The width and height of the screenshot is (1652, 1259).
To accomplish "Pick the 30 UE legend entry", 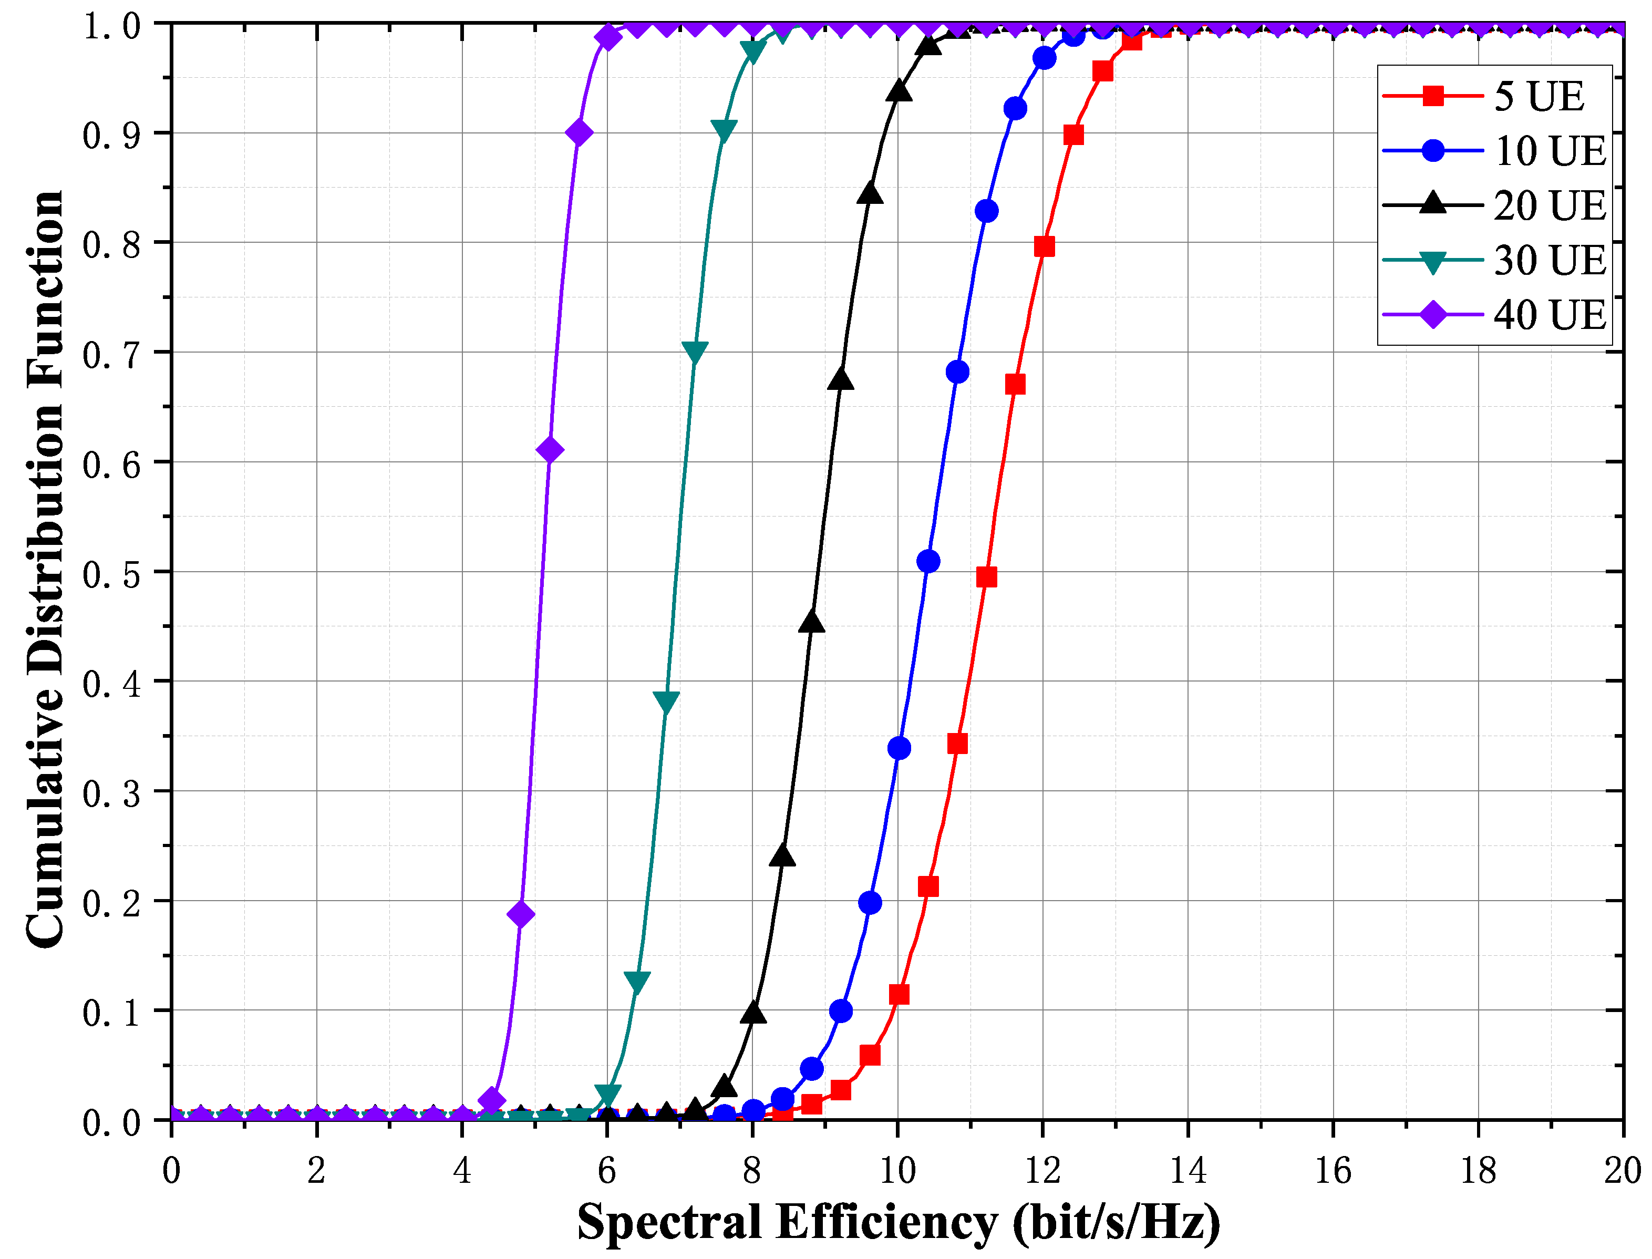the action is point(1494,260).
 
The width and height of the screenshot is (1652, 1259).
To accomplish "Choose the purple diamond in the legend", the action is point(1432,314).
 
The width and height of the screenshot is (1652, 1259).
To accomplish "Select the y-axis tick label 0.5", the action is point(111,575).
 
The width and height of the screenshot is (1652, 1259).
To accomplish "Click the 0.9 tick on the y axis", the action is point(111,136).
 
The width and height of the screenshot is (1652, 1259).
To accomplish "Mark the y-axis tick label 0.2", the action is point(111,904).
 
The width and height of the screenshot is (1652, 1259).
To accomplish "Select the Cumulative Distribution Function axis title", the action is point(45,570).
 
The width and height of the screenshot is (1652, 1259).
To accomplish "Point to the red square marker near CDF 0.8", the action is point(1044,246).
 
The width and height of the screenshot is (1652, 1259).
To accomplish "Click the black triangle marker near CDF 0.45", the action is point(811,621).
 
